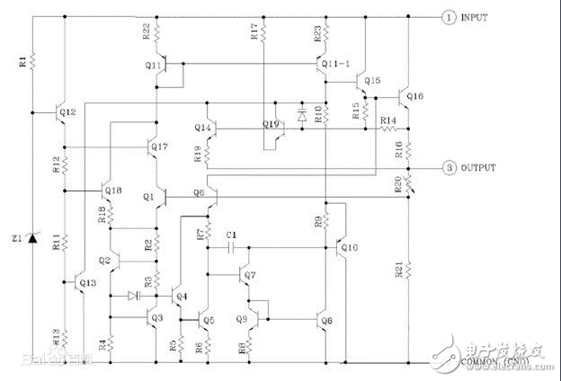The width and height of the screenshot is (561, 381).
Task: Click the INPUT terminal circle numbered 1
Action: (x=447, y=17)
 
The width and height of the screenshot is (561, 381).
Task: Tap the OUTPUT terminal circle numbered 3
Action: (x=447, y=168)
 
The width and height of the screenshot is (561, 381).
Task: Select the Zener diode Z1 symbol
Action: (x=34, y=237)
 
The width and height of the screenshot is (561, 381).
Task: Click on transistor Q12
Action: (x=63, y=113)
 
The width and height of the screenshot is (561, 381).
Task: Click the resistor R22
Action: (x=156, y=35)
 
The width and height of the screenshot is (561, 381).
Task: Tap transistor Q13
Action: (x=78, y=282)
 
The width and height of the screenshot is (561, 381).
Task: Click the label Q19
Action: (x=270, y=123)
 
